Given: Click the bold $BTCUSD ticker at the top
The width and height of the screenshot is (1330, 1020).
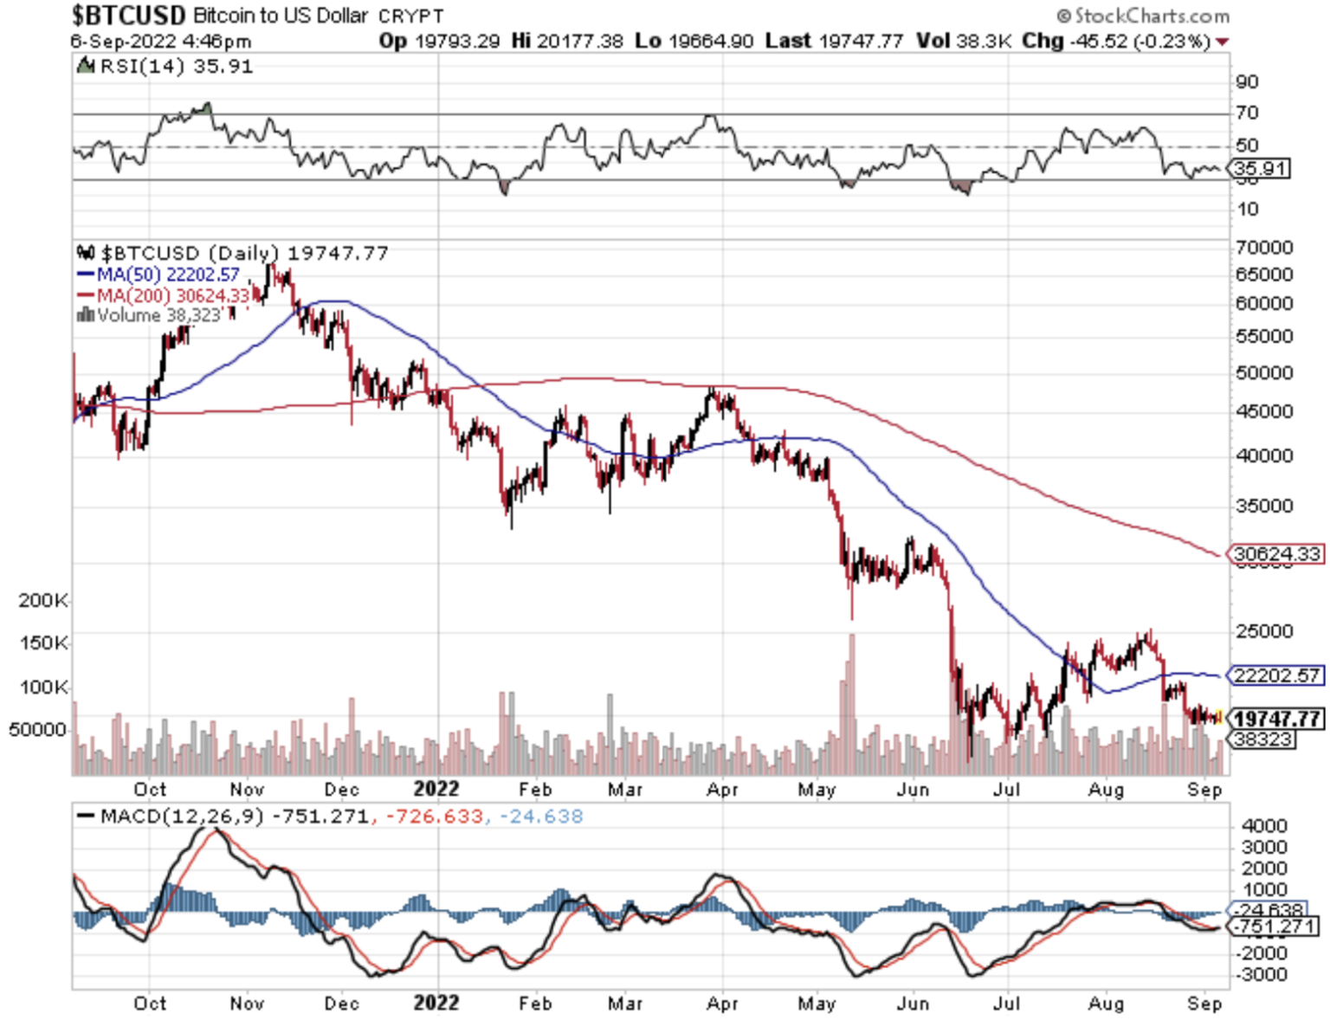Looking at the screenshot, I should [128, 16].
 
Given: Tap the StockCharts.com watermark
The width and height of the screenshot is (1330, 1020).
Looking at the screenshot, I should [1143, 16].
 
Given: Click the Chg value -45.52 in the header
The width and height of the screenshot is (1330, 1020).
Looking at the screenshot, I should [1095, 42].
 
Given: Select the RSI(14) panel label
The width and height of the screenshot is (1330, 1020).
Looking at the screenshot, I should [165, 67].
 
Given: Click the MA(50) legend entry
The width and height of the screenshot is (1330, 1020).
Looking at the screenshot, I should [159, 274].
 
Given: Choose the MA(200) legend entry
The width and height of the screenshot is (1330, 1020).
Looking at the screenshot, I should [165, 295].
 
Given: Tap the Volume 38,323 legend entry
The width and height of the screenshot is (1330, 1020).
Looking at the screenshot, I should [151, 315].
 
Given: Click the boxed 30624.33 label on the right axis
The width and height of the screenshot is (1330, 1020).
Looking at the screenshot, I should [1277, 554].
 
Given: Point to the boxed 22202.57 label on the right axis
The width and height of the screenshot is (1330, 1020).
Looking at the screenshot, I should [1277, 675].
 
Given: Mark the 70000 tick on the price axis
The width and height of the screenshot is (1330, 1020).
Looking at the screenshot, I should [1264, 248].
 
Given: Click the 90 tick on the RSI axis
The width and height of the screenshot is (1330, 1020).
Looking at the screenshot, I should [1248, 82].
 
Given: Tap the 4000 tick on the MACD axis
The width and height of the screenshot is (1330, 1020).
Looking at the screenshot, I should [1264, 826].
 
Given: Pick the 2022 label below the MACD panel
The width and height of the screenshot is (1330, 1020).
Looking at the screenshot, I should [436, 1003].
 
